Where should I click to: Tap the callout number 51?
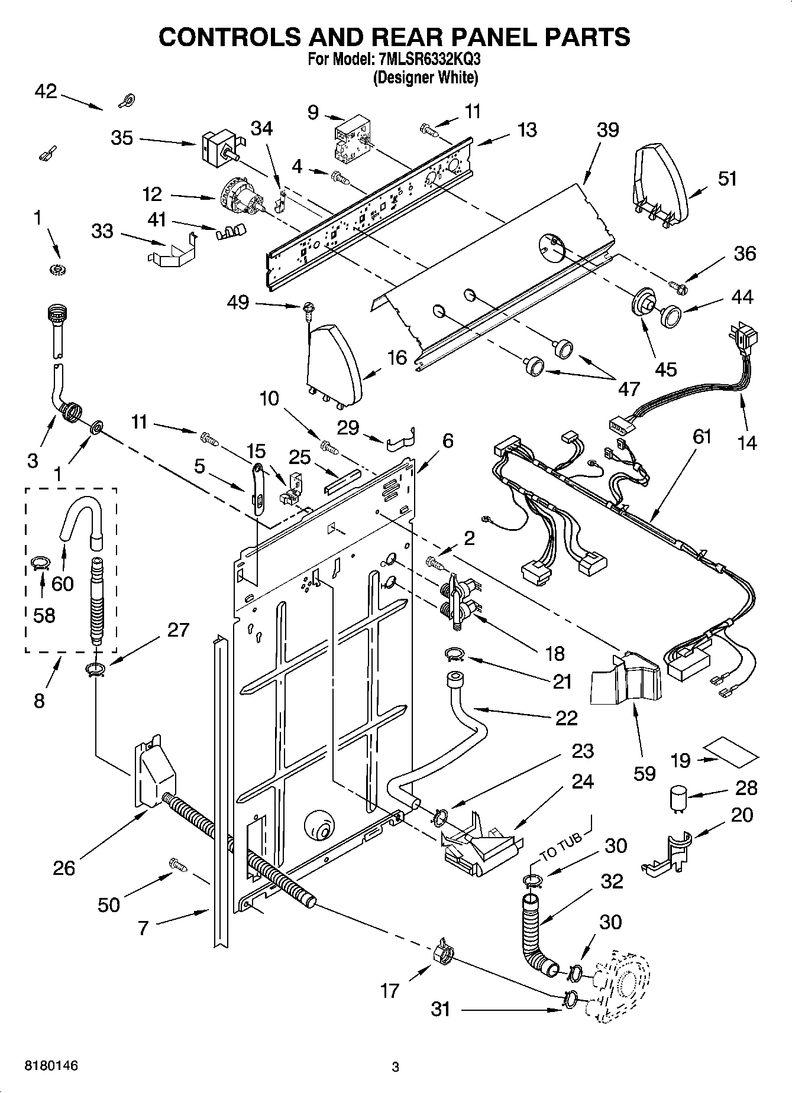(727, 178)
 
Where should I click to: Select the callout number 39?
(607, 130)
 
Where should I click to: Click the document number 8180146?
(51, 1066)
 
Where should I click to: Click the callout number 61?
(703, 437)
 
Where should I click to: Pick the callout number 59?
(644, 773)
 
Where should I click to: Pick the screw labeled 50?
(178, 865)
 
